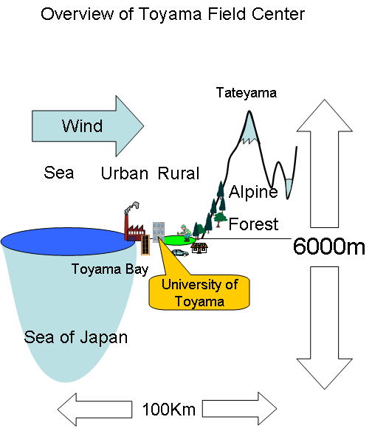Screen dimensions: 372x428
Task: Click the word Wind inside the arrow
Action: [x=82, y=126]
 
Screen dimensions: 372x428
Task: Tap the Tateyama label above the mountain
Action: [x=247, y=93]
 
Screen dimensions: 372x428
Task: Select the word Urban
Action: [x=125, y=173]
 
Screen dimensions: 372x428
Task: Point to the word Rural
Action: [x=179, y=173]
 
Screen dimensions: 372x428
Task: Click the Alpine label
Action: [x=253, y=192]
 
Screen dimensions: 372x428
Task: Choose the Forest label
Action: [x=253, y=224]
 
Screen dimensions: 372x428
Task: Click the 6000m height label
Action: [x=328, y=246]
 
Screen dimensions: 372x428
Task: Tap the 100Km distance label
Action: [x=169, y=410]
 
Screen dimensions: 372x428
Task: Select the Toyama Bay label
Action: [x=110, y=269]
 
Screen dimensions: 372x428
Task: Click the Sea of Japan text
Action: [x=76, y=337]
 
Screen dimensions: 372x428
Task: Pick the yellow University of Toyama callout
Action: [x=199, y=292]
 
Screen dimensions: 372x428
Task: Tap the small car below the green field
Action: [x=180, y=253]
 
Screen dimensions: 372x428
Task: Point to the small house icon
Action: [x=199, y=248]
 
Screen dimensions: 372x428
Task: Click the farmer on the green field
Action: [x=185, y=233]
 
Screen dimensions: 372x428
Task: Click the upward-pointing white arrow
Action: [x=325, y=163]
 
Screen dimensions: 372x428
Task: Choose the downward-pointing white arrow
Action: [x=325, y=328]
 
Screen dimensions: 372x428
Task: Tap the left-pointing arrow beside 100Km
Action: [x=94, y=410]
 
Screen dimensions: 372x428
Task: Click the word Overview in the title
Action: [x=77, y=14]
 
